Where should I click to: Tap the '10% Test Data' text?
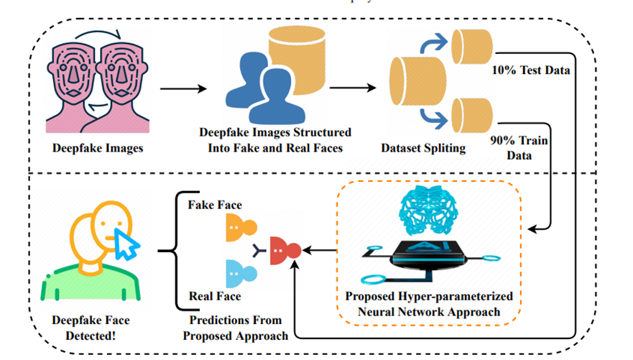(530, 70)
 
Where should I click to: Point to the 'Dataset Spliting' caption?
(425, 149)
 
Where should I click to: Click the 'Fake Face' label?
(214, 205)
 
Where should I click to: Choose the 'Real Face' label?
(214, 295)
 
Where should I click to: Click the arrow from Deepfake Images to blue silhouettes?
(183, 88)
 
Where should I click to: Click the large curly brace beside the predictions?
(170, 251)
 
